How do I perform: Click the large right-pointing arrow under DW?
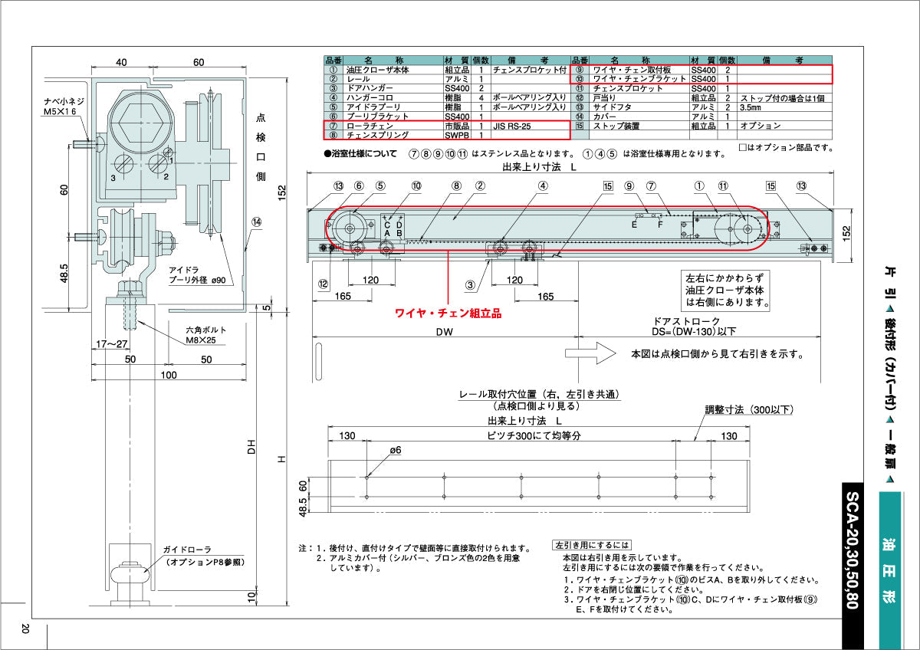click(590, 353)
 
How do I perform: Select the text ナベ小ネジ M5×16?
click(67, 107)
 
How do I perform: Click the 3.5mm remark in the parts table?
click(751, 107)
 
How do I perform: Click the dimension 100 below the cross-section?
click(168, 375)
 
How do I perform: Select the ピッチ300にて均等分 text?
click(529, 435)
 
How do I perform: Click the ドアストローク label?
click(686, 321)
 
